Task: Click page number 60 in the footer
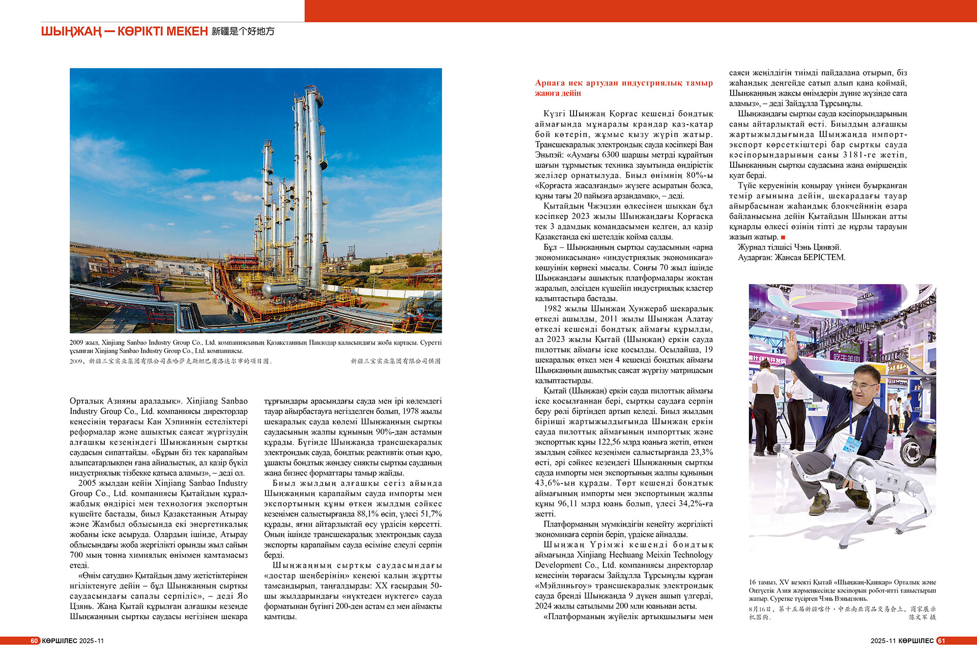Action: [34, 641]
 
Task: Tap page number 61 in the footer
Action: [941, 641]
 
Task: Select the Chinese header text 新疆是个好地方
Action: [243, 32]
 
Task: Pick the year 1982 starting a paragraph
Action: [553, 309]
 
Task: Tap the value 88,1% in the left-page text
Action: [367, 514]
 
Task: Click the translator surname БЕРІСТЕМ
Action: [823, 257]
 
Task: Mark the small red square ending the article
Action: [783, 237]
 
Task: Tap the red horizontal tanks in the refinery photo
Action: [243, 261]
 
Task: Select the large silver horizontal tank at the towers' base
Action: [279, 290]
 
